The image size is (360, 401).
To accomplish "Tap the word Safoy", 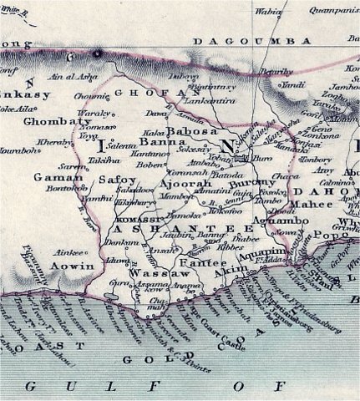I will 114,179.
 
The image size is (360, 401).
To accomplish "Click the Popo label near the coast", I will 328,237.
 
